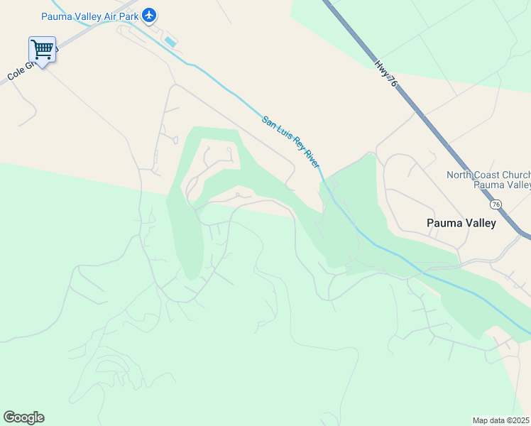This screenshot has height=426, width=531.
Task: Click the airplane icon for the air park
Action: point(148,15)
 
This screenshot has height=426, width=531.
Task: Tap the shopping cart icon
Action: point(42,49)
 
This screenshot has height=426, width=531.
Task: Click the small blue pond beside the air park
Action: point(170,42)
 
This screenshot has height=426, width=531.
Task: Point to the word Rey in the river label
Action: point(295,142)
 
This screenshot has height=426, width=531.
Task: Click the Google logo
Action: point(23,417)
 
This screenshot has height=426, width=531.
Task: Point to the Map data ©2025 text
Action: point(500,420)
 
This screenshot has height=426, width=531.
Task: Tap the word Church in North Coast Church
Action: point(517,175)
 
